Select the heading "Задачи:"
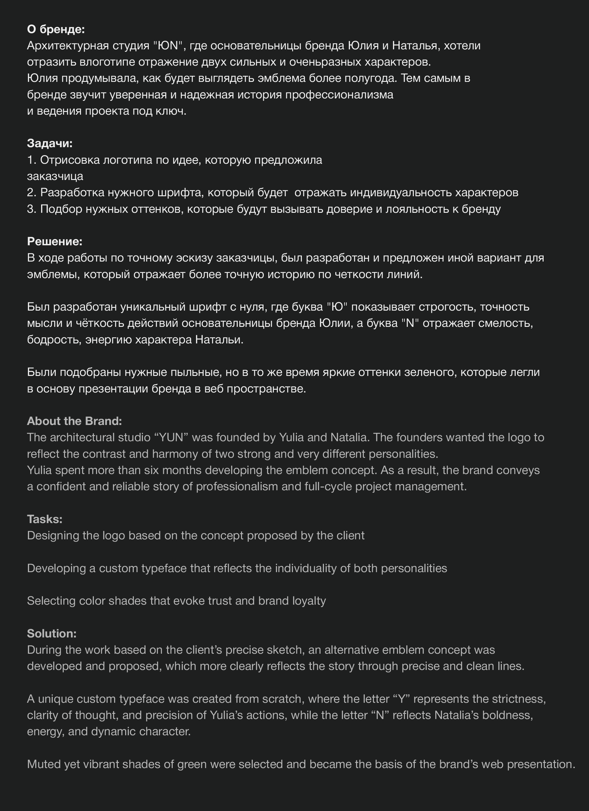pyautogui.click(x=50, y=143)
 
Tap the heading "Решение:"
pyautogui.click(x=55, y=241)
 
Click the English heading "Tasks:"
pyautogui.click(x=45, y=519)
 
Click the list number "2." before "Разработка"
pyautogui.click(x=32, y=192)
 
